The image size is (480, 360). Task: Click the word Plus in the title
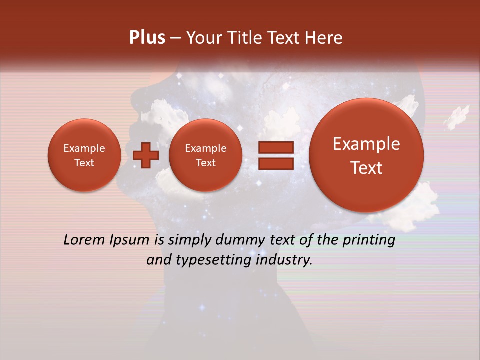(x=147, y=38)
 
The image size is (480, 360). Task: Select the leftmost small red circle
(x=84, y=155)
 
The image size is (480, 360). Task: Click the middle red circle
(x=205, y=155)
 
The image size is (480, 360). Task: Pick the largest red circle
(x=366, y=155)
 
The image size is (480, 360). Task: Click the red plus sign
(x=146, y=155)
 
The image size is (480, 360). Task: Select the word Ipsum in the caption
(x=129, y=240)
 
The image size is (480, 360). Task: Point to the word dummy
(x=239, y=240)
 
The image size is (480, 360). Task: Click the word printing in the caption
(x=369, y=240)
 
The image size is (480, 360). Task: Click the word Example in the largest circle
(x=366, y=144)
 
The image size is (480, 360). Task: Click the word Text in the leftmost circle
(x=84, y=163)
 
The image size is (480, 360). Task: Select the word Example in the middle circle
(x=205, y=148)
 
